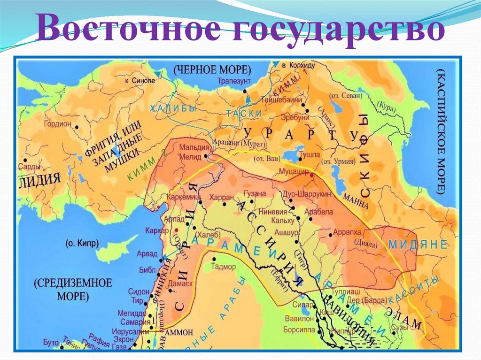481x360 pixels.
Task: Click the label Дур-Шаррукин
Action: coord(306,194)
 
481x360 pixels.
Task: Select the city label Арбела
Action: coord(318,212)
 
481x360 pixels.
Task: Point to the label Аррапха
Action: coord(346,232)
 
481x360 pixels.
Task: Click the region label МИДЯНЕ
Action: coord(416,245)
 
